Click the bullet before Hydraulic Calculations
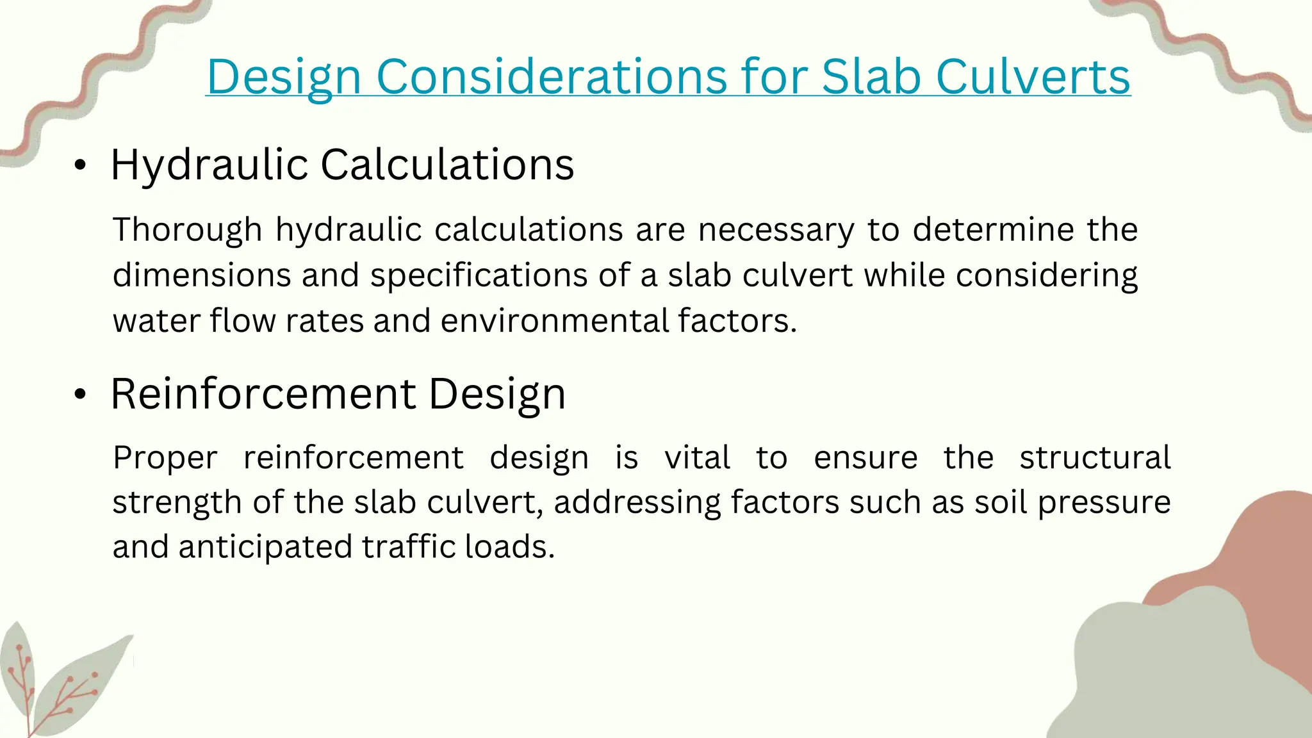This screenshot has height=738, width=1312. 79,166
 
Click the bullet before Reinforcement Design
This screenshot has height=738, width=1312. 79,395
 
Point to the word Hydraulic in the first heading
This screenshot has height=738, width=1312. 209,165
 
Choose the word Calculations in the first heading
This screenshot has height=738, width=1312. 447,165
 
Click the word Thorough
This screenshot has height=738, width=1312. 187,230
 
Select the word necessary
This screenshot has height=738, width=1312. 776,230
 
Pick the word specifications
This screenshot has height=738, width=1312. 479,275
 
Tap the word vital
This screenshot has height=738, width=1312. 697,458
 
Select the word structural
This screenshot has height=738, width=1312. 1095,458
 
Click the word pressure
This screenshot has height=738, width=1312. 1104,503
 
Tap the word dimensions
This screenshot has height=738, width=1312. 202,275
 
